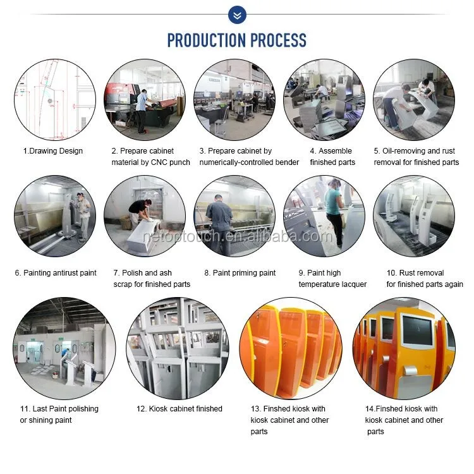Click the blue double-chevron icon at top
coord(237,15)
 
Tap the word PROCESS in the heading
coord(278,40)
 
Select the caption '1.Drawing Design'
coord(53,151)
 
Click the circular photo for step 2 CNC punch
coord(145,100)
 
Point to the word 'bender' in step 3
coord(287,162)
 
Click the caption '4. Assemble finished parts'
coord(332,157)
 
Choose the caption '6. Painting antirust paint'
coord(56,273)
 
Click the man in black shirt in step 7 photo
coord(141,211)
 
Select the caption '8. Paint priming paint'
coord(240,273)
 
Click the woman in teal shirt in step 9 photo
coord(334,212)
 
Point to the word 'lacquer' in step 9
coord(355,284)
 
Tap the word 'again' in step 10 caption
coord(453,284)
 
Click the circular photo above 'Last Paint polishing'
coord(64,348)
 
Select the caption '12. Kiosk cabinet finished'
coord(179,409)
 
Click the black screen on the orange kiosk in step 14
coord(418,331)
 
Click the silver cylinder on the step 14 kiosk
coord(411,370)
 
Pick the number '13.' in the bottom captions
coord(256,409)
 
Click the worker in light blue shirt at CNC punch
coord(141,111)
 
